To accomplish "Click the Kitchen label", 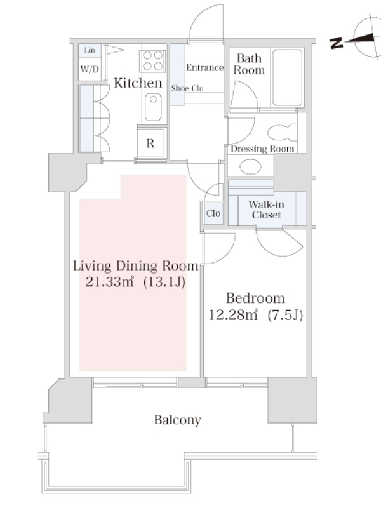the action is pyautogui.click(x=138, y=83).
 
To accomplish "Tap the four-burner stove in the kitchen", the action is pyautogui.click(x=152, y=60).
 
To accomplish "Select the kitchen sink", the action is pyautogui.click(x=153, y=107).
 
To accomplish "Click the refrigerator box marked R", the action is pyautogui.click(x=150, y=143).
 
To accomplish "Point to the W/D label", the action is pyautogui.click(x=90, y=69).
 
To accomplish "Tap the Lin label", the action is pyautogui.click(x=90, y=50).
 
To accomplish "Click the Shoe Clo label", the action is pyautogui.click(x=187, y=88).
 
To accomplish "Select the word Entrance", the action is pyautogui.click(x=204, y=68).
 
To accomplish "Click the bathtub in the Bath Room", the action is pyautogui.click(x=287, y=77).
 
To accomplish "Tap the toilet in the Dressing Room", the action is pyautogui.click(x=282, y=133).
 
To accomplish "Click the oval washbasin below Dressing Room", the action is pyautogui.click(x=250, y=167).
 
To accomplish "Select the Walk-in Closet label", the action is pyautogui.click(x=266, y=210).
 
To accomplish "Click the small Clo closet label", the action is pyautogui.click(x=213, y=213).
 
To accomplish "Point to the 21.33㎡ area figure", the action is pyautogui.click(x=110, y=282).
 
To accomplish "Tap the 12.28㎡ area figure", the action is pyautogui.click(x=233, y=314).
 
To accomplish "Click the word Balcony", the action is pyautogui.click(x=178, y=420).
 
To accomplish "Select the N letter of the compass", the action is pyautogui.click(x=337, y=43).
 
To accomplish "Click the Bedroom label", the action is pyautogui.click(x=255, y=298).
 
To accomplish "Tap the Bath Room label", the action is pyautogui.click(x=249, y=64).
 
